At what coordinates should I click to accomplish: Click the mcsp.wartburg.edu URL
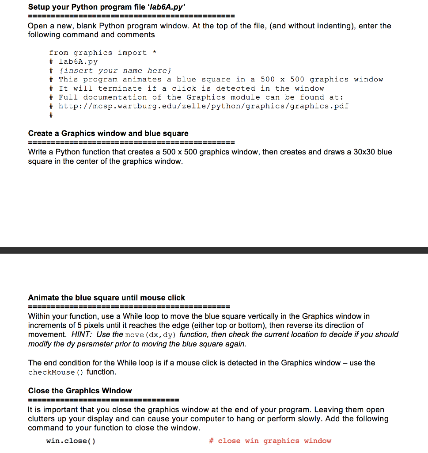pos(203,106)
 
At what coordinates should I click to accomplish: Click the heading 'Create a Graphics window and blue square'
pos(108,133)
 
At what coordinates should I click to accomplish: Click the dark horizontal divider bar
pos(214,250)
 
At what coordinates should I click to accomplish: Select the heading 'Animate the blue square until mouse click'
pos(106,298)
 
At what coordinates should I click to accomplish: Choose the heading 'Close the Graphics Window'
pos(80,391)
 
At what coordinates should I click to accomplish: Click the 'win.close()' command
pos(71,441)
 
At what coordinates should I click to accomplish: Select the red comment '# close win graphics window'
pos(270,441)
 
